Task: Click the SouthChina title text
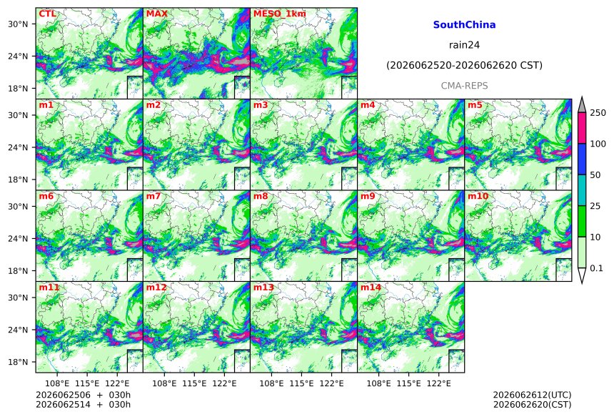tap(464, 25)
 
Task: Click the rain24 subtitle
tap(464, 45)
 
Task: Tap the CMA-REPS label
tap(464, 86)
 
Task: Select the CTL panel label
tap(47, 14)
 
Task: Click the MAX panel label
tap(156, 14)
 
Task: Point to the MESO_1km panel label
tap(280, 14)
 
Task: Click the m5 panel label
tap(475, 105)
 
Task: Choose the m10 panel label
tap(478, 196)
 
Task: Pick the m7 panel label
tap(153, 196)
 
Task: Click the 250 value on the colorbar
tap(598, 113)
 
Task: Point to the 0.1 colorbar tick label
tap(596, 268)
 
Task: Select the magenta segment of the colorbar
tap(582, 128)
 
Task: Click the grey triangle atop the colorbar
tap(582, 104)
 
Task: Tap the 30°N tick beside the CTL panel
tap(18, 24)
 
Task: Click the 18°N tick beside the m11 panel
tap(18, 362)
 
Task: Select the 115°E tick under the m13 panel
tap(301, 383)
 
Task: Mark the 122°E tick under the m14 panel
tap(438, 383)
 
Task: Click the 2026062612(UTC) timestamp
tap(532, 395)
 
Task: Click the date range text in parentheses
tap(464, 66)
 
